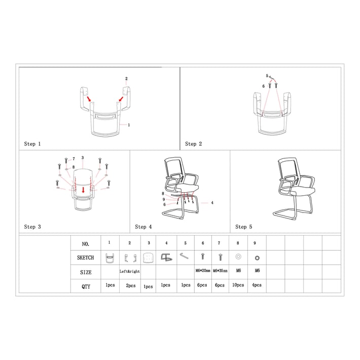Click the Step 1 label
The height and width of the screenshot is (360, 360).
coord(32,144)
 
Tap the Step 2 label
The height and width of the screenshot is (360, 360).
coord(194,144)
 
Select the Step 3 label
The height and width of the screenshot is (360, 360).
coord(32,227)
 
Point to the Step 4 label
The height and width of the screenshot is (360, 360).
coord(143,227)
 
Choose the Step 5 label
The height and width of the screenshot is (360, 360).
coord(243,227)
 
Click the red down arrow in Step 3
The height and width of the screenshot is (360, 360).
coord(83,190)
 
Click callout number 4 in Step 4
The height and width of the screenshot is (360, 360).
coord(212,203)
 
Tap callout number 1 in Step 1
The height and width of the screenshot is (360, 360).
coord(129,125)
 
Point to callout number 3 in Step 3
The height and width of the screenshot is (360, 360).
coord(83,158)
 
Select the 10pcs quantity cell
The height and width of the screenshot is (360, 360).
coord(238,285)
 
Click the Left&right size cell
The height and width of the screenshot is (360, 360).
coord(130,271)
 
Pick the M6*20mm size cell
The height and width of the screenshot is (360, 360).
coord(203,271)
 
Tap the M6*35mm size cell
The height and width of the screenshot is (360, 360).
coord(220,271)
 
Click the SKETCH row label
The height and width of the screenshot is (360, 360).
coord(85,258)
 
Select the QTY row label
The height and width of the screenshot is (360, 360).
coord(86,286)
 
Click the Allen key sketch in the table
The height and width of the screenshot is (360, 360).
coord(184,256)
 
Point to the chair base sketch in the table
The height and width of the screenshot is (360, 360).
coord(166,258)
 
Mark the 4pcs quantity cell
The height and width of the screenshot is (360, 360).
coord(257,285)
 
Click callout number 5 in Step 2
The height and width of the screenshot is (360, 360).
coord(267,76)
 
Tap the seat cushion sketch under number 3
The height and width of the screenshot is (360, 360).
coord(148,258)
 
